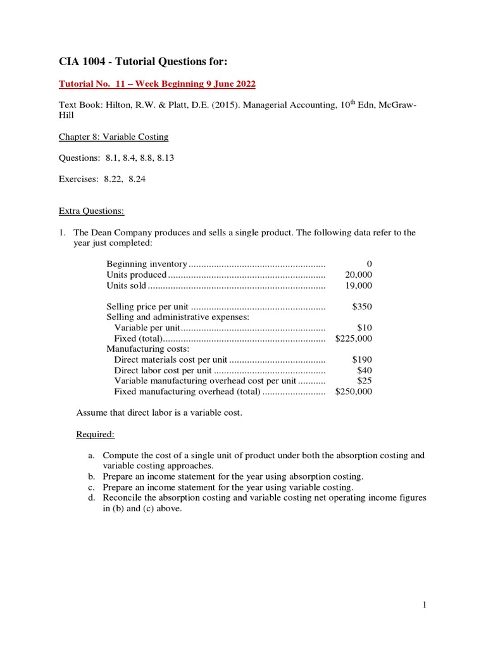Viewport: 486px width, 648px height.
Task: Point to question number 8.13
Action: pos(163,158)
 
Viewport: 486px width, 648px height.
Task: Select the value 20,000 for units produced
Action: pos(359,275)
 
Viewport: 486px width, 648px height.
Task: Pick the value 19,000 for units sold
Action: pos(359,285)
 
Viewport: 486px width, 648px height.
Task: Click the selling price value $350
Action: pos(362,306)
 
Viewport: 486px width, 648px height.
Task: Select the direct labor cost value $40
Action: pos(364,370)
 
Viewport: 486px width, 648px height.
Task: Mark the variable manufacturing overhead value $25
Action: pos(364,381)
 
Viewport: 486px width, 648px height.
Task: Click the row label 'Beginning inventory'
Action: pos(147,264)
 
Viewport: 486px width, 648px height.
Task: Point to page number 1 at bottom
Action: pos(425,605)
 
